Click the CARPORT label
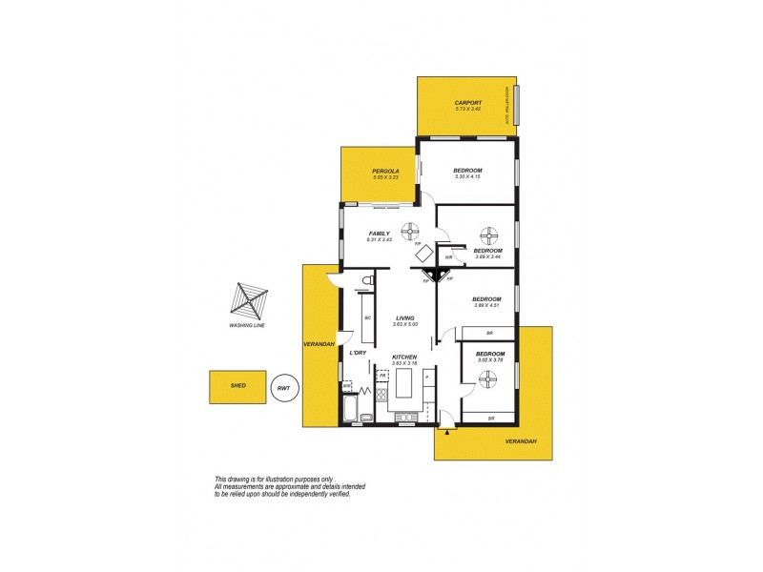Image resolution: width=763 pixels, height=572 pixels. pyautogui.click(x=468, y=102)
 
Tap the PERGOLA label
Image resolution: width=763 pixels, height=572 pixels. pyautogui.click(x=384, y=171)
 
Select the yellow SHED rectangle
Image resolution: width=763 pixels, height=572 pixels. pyautogui.click(x=238, y=386)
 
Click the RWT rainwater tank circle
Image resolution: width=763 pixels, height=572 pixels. pyautogui.click(x=283, y=387)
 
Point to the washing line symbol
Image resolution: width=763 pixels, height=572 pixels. pyautogui.click(x=247, y=300)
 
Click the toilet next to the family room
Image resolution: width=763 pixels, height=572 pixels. pyautogui.click(x=366, y=281)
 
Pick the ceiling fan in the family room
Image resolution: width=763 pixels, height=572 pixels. pyautogui.click(x=410, y=229)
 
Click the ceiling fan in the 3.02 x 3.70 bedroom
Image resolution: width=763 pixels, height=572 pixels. pyautogui.click(x=488, y=379)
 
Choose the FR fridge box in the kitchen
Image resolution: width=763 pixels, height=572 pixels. pyautogui.click(x=382, y=376)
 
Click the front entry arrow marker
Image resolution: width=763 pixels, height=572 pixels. pyautogui.click(x=446, y=431)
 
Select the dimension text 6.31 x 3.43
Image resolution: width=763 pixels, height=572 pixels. pyautogui.click(x=380, y=239)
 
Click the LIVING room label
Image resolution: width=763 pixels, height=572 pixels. pyautogui.click(x=404, y=318)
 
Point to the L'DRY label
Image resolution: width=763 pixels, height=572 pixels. pyautogui.click(x=358, y=354)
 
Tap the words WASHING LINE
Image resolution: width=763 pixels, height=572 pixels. pyautogui.click(x=246, y=326)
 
